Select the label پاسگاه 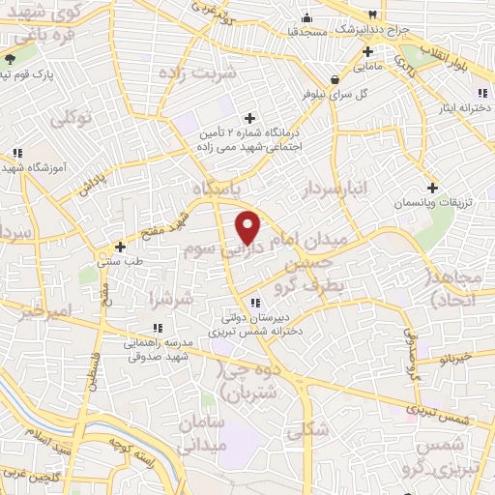coord(216,187)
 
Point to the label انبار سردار coord(335,189)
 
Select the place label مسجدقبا coord(329,32)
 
